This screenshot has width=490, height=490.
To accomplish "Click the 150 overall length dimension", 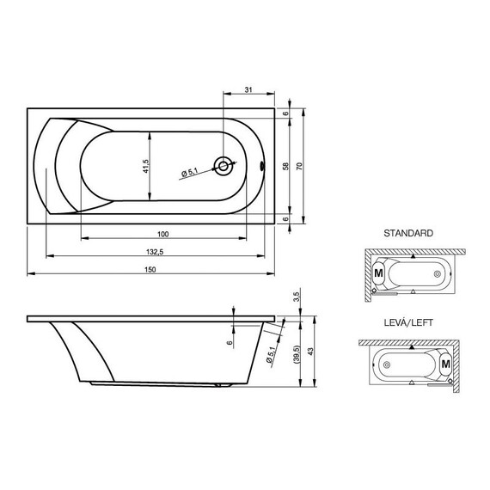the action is point(150,270).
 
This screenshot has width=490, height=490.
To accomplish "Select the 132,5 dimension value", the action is point(155,252).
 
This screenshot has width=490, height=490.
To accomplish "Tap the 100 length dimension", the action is point(163,234).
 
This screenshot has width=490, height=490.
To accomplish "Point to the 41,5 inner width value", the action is point(145,166).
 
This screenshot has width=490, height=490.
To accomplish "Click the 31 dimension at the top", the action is point(248,90).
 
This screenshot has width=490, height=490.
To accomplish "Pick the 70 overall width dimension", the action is point(299,166).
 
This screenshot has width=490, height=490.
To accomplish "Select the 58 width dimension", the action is point(285,166).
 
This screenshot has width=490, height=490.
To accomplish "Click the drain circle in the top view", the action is point(224,166).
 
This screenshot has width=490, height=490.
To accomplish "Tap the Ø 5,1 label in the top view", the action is point(189,172).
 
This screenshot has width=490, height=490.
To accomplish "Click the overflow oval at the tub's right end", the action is point(262,166).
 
